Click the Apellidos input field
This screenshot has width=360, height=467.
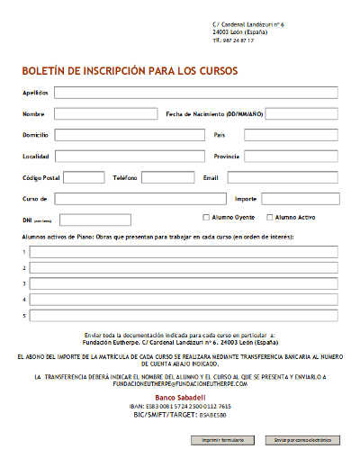click(195, 92)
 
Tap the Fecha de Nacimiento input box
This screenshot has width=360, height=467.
click(301, 113)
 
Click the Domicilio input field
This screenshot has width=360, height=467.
click(130, 135)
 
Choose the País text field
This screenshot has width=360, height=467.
click(290, 135)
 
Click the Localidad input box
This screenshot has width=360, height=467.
click(130, 156)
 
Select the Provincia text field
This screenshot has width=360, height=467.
click(290, 156)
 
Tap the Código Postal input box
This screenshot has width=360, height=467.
click(84, 177)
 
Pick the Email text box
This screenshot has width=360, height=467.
click(282, 177)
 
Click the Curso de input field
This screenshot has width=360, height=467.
click(139, 199)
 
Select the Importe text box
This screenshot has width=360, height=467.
click(300, 199)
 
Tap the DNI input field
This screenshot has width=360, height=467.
click(94, 220)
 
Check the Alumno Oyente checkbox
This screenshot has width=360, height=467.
click(206, 217)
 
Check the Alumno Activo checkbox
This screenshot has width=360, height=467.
click(270, 217)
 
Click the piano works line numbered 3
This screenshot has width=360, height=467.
click(184, 283)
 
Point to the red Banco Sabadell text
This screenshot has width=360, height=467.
click(181, 397)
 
